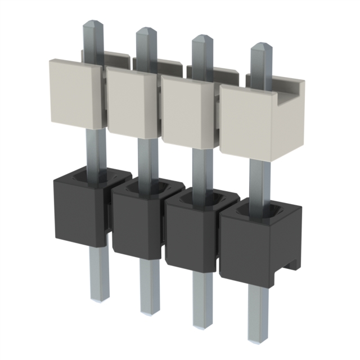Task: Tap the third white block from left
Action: click(186, 110)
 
